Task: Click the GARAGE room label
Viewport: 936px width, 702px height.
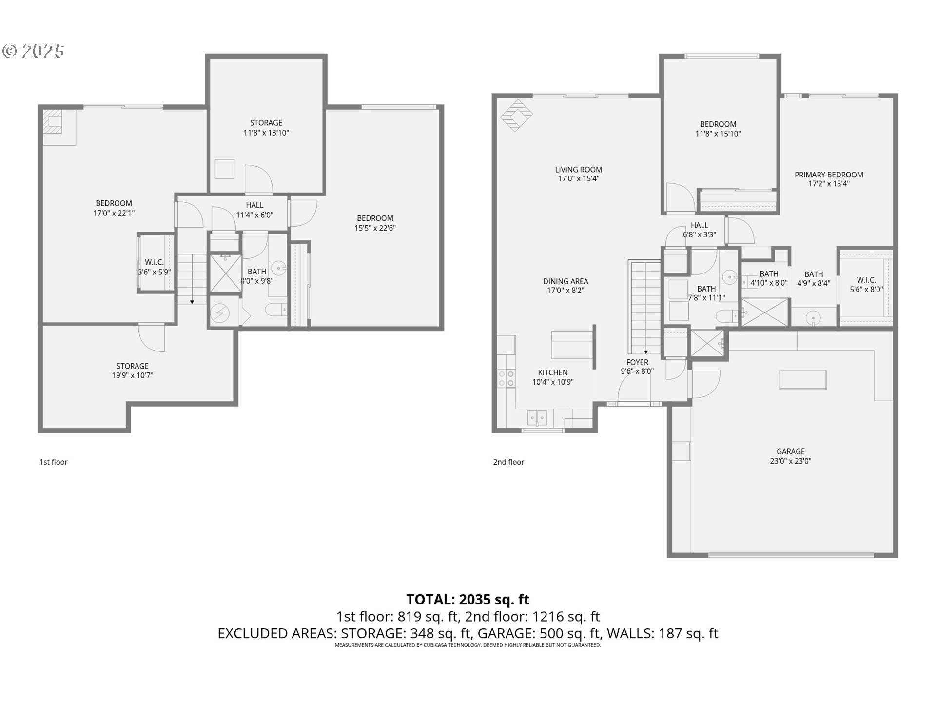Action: click(791, 451)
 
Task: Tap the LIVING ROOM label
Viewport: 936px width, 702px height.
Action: click(579, 170)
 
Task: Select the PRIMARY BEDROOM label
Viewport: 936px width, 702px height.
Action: click(829, 175)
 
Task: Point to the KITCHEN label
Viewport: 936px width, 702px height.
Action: click(553, 373)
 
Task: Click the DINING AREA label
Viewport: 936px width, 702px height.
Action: click(565, 281)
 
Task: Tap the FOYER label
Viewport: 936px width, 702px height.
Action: click(637, 362)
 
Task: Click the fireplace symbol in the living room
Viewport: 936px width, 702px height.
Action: click(516, 116)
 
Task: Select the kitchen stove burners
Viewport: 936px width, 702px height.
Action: click(506, 378)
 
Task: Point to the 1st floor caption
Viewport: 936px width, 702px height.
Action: click(54, 462)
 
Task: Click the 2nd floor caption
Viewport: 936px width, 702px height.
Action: click(508, 462)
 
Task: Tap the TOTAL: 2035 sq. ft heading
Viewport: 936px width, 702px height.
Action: click(468, 599)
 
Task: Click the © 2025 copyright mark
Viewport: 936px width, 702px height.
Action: click(33, 51)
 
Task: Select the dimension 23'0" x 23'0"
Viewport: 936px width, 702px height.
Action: click(791, 461)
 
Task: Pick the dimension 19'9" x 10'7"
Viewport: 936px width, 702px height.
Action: click(133, 375)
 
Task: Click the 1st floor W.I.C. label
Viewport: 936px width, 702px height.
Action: click(155, 263)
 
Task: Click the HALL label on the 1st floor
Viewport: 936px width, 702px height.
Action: click(254, 205)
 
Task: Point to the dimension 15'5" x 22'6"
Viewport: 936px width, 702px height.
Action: click(375, 228)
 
